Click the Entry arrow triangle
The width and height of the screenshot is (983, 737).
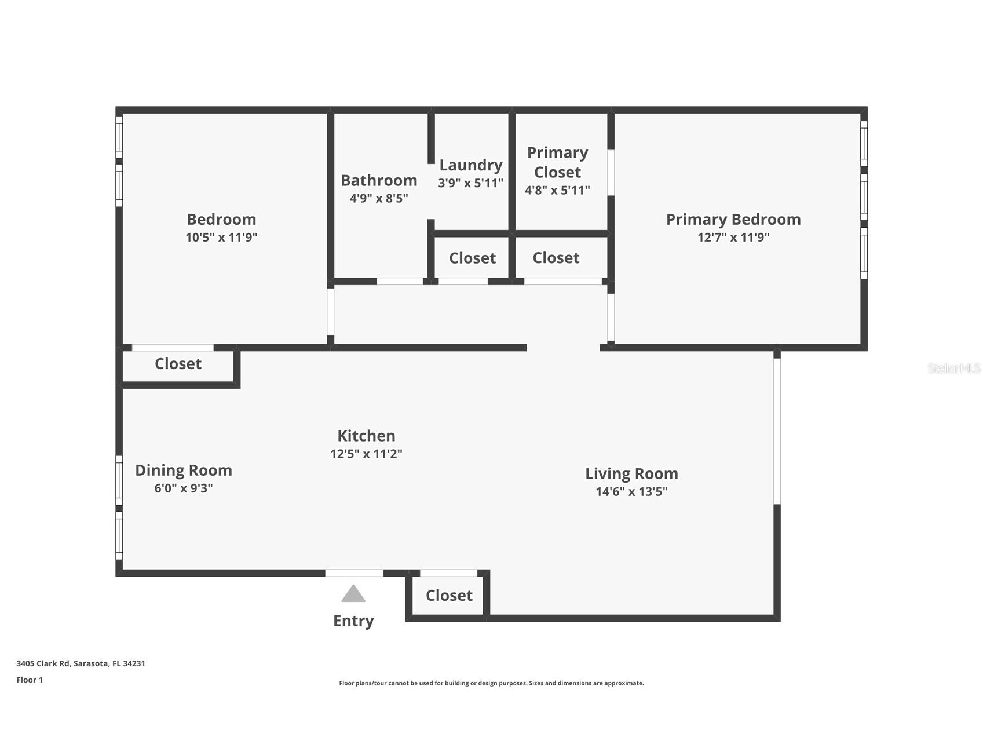(x=353, y=594)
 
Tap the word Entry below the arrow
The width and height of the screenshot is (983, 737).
(x=353, y=621)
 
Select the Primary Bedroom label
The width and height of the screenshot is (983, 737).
(x=733, y=220)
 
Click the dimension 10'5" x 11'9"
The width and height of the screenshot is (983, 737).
(x=221, y=237)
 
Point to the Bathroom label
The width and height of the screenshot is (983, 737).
(x=379, y=181)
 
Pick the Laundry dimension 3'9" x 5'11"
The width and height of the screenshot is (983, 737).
(x=470, y=183)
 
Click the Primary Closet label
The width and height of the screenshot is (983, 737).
(x=557, y=162)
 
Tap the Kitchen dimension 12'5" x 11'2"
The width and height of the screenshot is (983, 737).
(x=366, y=454)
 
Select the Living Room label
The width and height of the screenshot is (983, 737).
(x=631, y=474)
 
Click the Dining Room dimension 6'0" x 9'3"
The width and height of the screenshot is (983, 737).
(x=183, y=488)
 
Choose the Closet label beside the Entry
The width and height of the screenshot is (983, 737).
(x=449, y=596)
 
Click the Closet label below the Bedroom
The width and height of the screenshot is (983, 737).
(x=178, y=364)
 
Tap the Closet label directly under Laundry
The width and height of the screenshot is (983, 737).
(x=472, y=258)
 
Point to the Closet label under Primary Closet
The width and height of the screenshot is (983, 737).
(x=556, y=258)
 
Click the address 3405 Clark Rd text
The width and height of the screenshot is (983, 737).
(x=81, y=663)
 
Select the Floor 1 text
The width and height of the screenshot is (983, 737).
(x=30, y=680)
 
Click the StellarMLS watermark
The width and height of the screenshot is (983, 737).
(x=953, y=368)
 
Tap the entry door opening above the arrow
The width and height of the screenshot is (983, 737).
(x=354, y=573)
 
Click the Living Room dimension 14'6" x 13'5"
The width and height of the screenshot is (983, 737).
(x=631, y=492)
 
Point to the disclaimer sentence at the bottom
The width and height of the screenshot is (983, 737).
(x=491, y=683)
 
